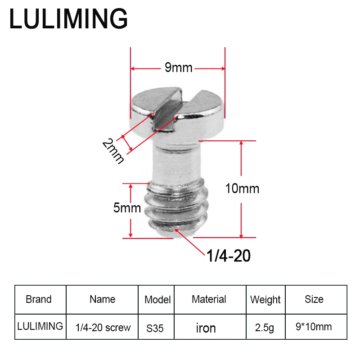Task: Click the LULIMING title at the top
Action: coord(68,18)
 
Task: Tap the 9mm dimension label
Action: coord(178,67)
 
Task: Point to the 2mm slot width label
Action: coord(113,151)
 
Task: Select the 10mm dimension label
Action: coord(242,189)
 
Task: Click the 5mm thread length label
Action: coord(127,208)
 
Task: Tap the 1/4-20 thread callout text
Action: coord(229,256)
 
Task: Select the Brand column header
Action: coord(39,299)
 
